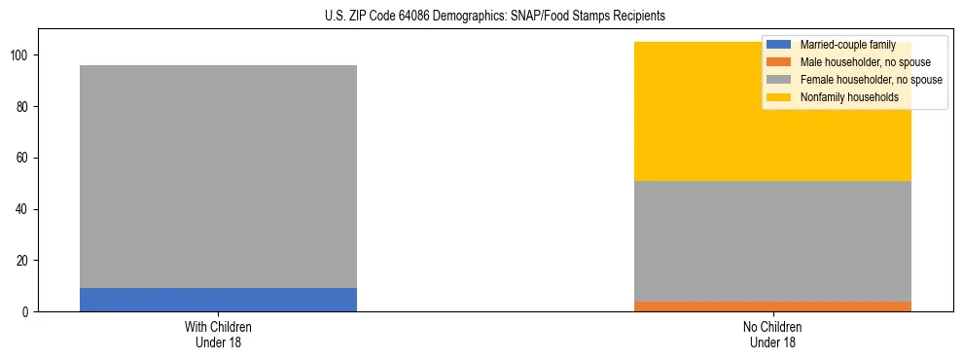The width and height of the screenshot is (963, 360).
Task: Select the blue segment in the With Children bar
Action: point(218,300)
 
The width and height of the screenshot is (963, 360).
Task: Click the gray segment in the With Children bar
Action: point(218,176)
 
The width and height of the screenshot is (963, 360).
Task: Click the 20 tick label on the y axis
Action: point(24,261)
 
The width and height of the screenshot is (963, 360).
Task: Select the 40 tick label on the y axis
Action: point(24,209)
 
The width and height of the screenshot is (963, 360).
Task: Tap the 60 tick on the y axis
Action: point(24,158)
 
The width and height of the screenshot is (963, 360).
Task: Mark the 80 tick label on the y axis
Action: point(24,107)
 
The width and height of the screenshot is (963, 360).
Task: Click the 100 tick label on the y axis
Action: point(21,55)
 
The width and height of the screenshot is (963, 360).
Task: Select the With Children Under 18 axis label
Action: point(218,334)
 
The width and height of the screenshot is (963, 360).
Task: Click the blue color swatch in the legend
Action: point(780,45)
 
